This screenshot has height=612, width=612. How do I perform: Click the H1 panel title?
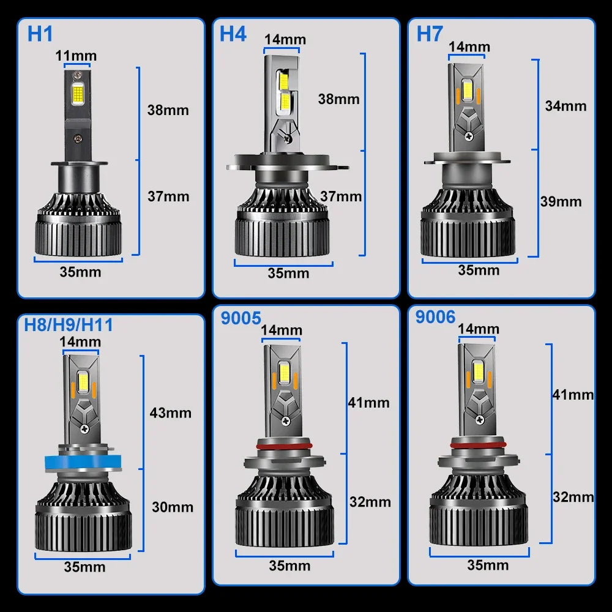click(40, 34)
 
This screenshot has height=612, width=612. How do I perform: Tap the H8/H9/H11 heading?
click(69, 324)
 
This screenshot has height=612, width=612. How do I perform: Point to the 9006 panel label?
click(435, 316)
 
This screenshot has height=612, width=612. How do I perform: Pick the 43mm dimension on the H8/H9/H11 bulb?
click(170, 412)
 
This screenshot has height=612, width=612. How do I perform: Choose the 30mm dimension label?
click(172, 507)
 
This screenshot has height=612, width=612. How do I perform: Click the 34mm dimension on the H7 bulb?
click(565, 106)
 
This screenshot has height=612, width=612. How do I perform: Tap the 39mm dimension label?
click(561, 201)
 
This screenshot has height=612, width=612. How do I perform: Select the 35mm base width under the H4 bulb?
click(288, 273)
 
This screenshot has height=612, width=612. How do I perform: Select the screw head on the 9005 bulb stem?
click(286, 420)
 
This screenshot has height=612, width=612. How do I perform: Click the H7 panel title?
click(430, 34)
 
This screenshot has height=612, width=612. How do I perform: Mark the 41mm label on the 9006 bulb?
click(573, 395)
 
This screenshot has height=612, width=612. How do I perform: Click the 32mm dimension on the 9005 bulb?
click(370, 502)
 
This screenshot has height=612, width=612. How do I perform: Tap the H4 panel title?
click(233, 34)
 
